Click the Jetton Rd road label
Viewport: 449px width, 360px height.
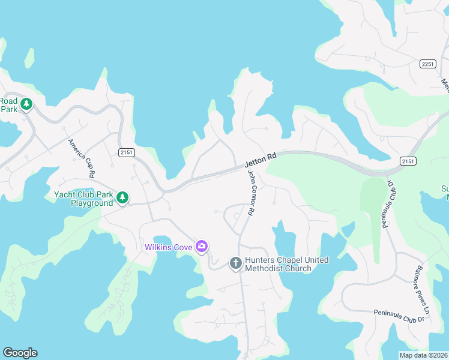point(260,160)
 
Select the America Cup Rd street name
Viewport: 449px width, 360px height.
point(82,158)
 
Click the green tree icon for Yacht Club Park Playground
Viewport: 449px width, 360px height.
point(122,197)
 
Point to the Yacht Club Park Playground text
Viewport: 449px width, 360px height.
point(83,199)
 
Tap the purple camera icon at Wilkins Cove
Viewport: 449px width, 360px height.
point(202,247)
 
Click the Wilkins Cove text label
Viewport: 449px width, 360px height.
point(169,247)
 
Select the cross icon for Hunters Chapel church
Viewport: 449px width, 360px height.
point(236,263)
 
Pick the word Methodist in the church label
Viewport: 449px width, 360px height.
point(270,268)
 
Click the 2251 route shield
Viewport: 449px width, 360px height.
point(428,64)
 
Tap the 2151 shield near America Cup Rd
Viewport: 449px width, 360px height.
point(125,152)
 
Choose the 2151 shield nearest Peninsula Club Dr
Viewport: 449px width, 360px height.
point(408,161)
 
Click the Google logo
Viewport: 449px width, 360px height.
point(20,353)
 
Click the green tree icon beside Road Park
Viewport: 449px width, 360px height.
point(26,104)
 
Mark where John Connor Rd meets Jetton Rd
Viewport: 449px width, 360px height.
point(247,167)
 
